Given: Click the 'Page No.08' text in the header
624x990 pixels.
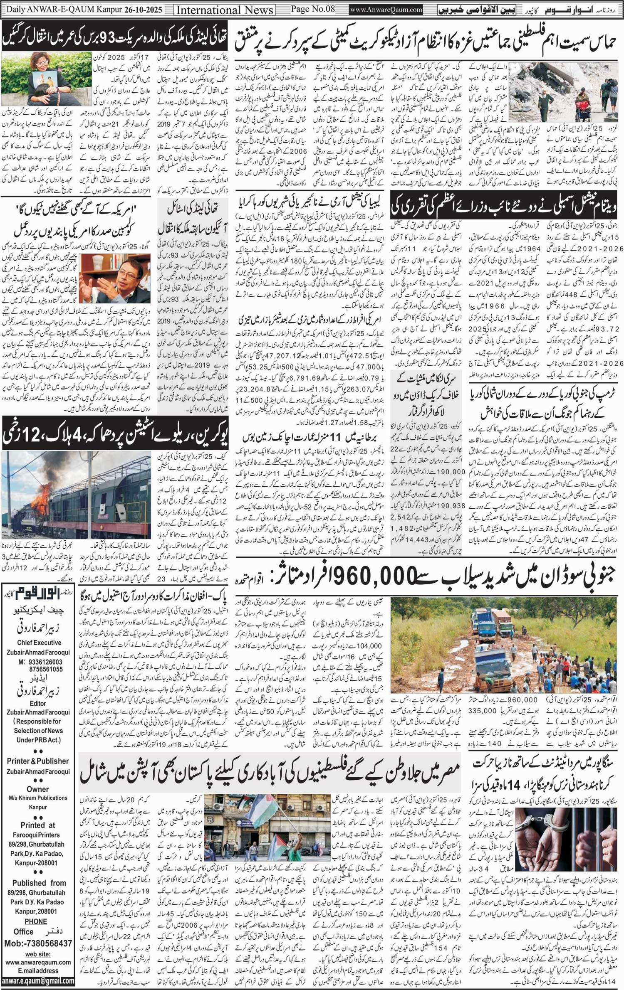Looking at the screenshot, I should click(x=312, y=9).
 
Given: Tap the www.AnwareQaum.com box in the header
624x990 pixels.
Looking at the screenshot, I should click(x=386, y=10).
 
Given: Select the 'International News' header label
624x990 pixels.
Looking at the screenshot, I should click(x=225, y=10).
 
